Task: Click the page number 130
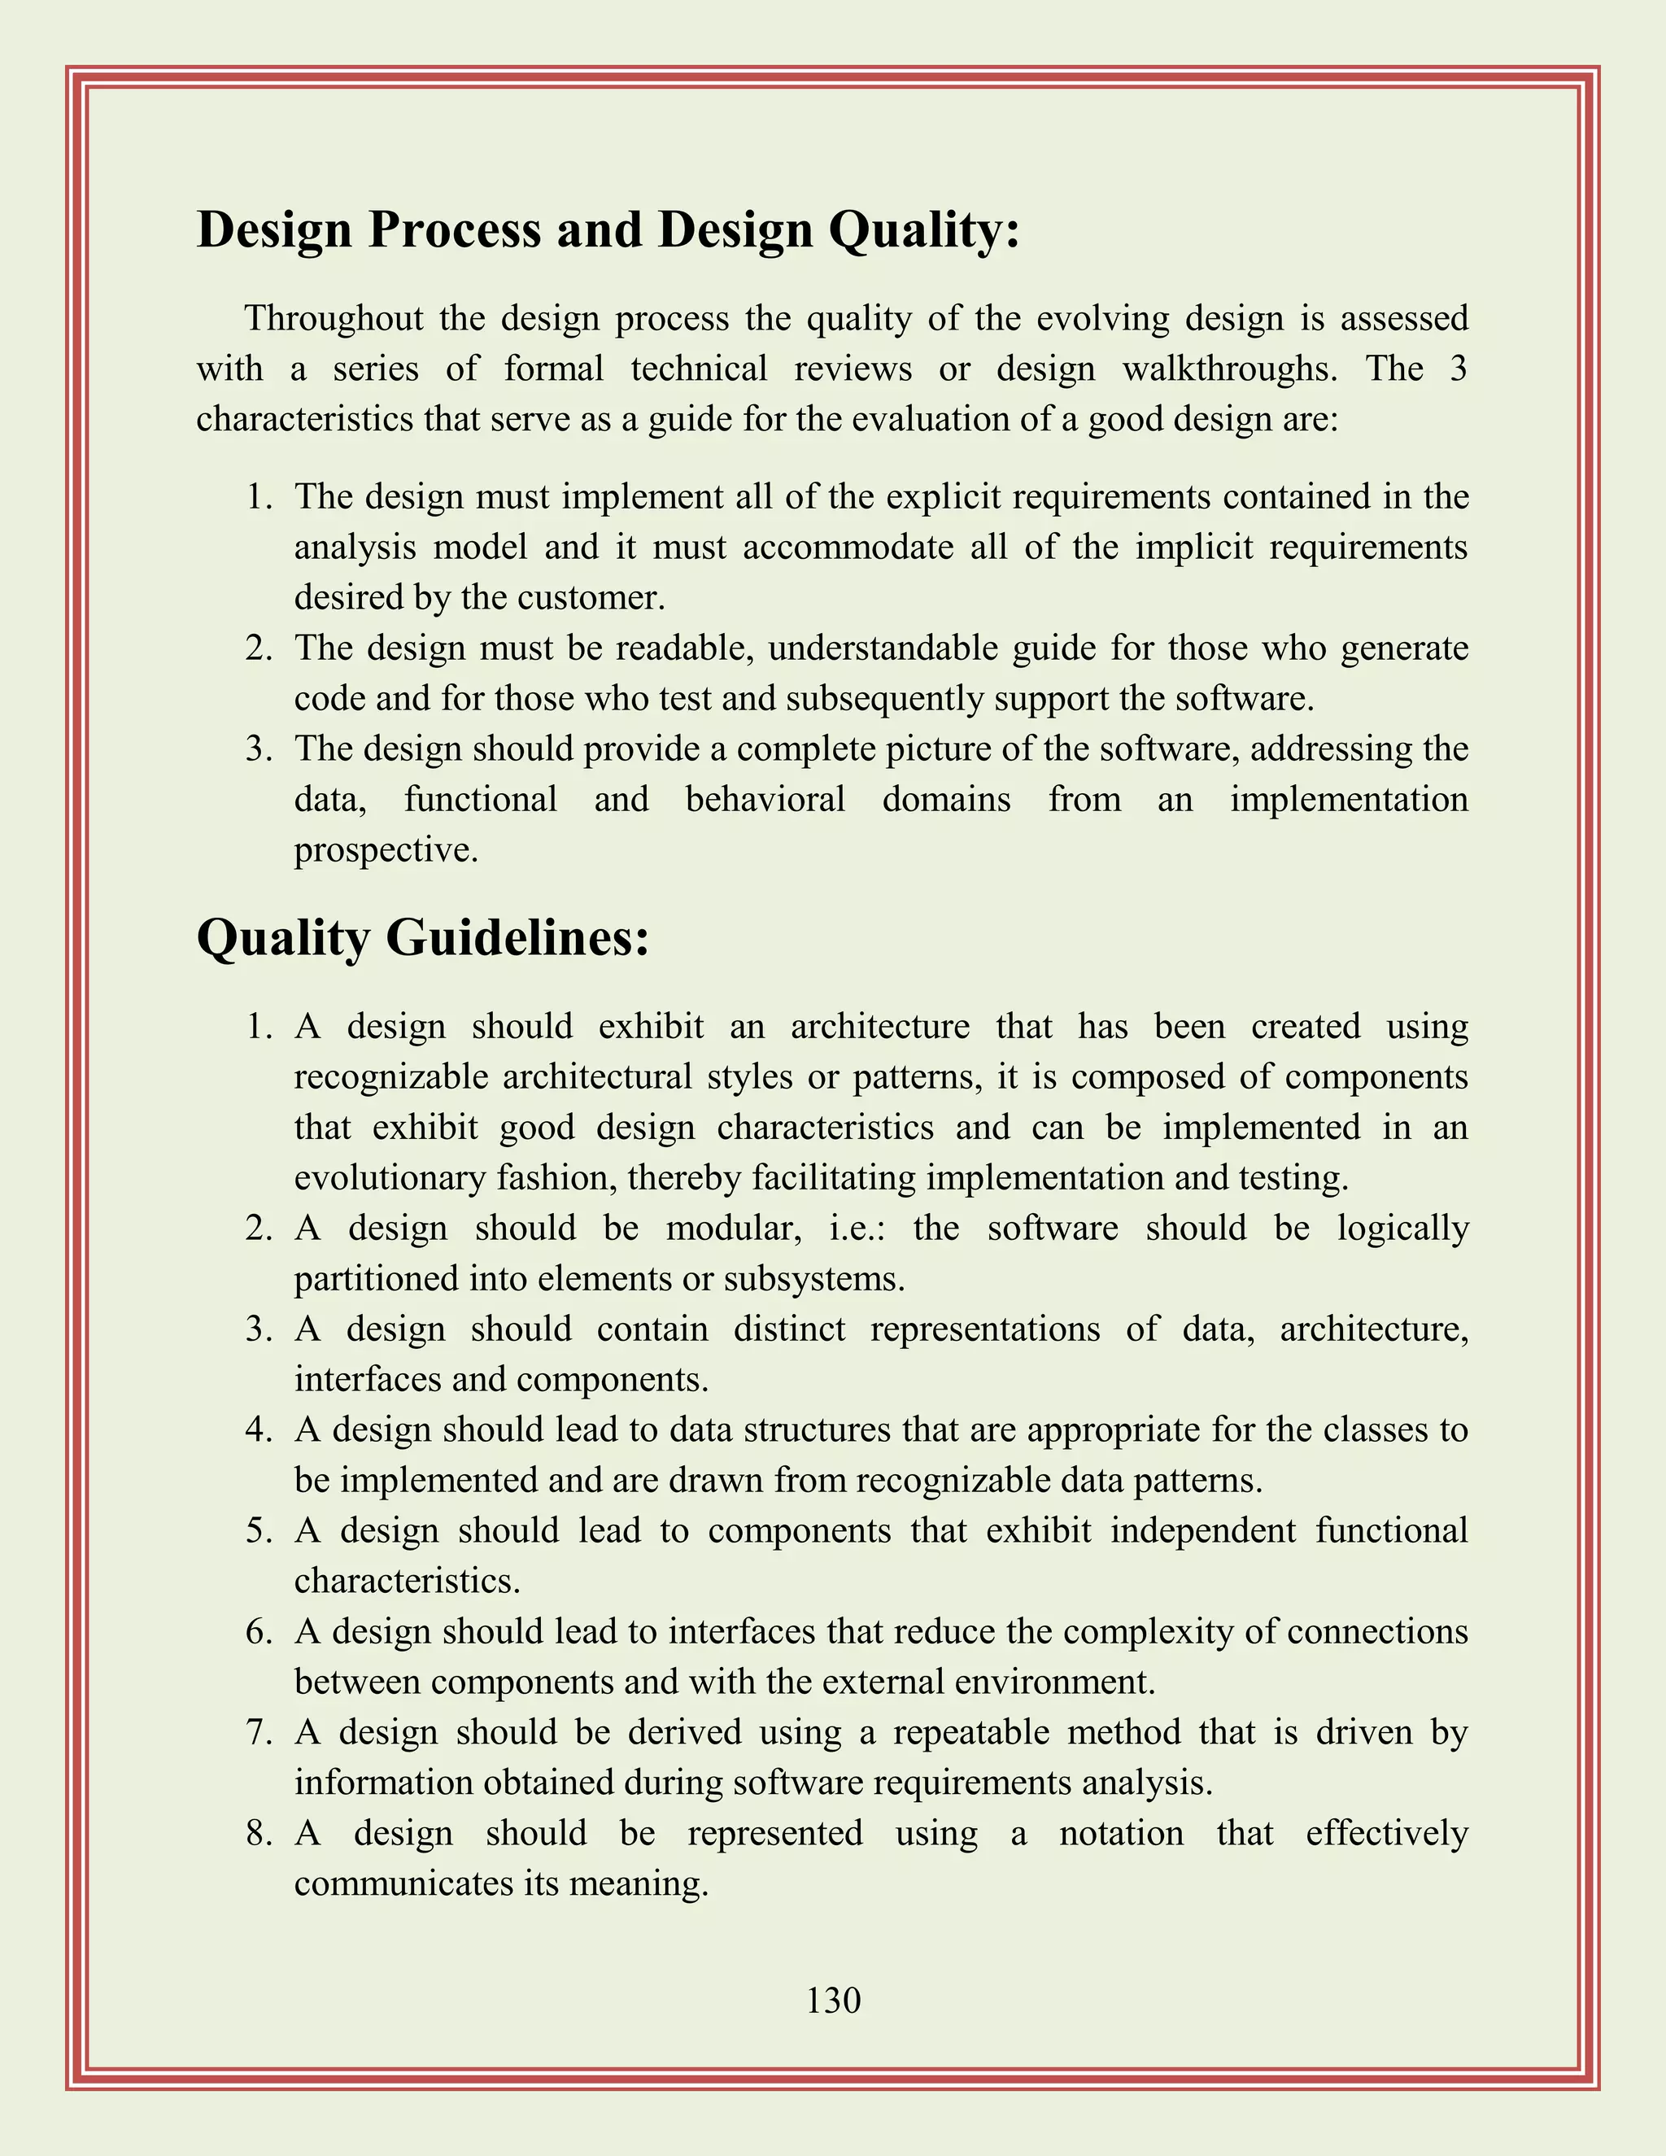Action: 833,2000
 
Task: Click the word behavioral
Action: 765,800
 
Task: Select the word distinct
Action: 788,1329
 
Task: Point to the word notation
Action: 1120,1833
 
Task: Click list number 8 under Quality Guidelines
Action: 259,1833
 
